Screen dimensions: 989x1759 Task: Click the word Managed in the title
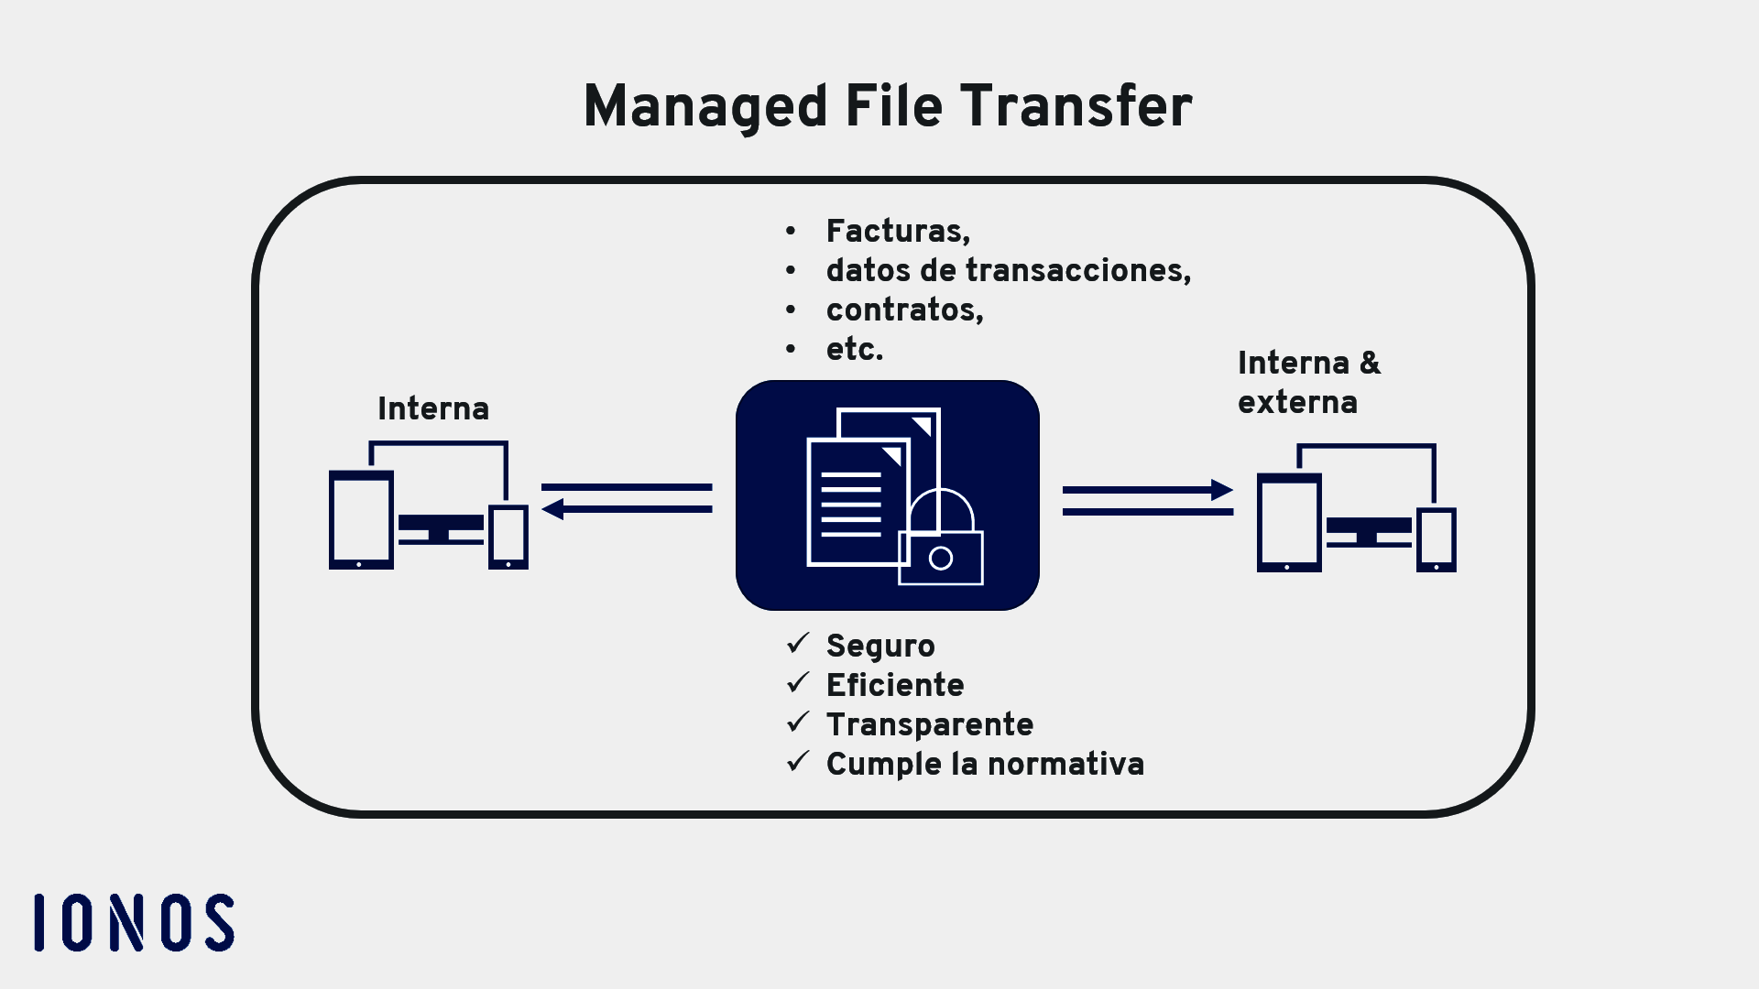point(705,106)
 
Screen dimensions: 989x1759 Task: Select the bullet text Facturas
point(897,231)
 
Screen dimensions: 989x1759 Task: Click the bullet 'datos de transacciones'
point(1008,270)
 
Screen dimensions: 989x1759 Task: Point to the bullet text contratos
point(904,310)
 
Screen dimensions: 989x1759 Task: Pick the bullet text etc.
point(854,349)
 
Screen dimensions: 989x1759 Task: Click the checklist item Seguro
point(879,646)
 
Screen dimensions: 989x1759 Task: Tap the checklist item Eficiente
point(894,685)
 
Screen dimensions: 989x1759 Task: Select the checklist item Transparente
point(929,724)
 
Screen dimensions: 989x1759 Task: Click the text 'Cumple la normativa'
point(985,764)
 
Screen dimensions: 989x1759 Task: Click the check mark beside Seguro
point(798,644)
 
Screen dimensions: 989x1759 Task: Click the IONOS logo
point(134,922)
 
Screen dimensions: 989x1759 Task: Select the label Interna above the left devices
point(432,408)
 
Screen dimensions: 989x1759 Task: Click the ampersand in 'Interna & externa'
point(1370,363)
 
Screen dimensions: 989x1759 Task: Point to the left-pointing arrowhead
point(552,509)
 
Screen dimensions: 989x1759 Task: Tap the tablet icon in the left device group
point(361,520)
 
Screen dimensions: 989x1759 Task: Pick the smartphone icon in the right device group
point(1436,540)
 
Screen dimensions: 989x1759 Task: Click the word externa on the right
point(1297,402)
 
